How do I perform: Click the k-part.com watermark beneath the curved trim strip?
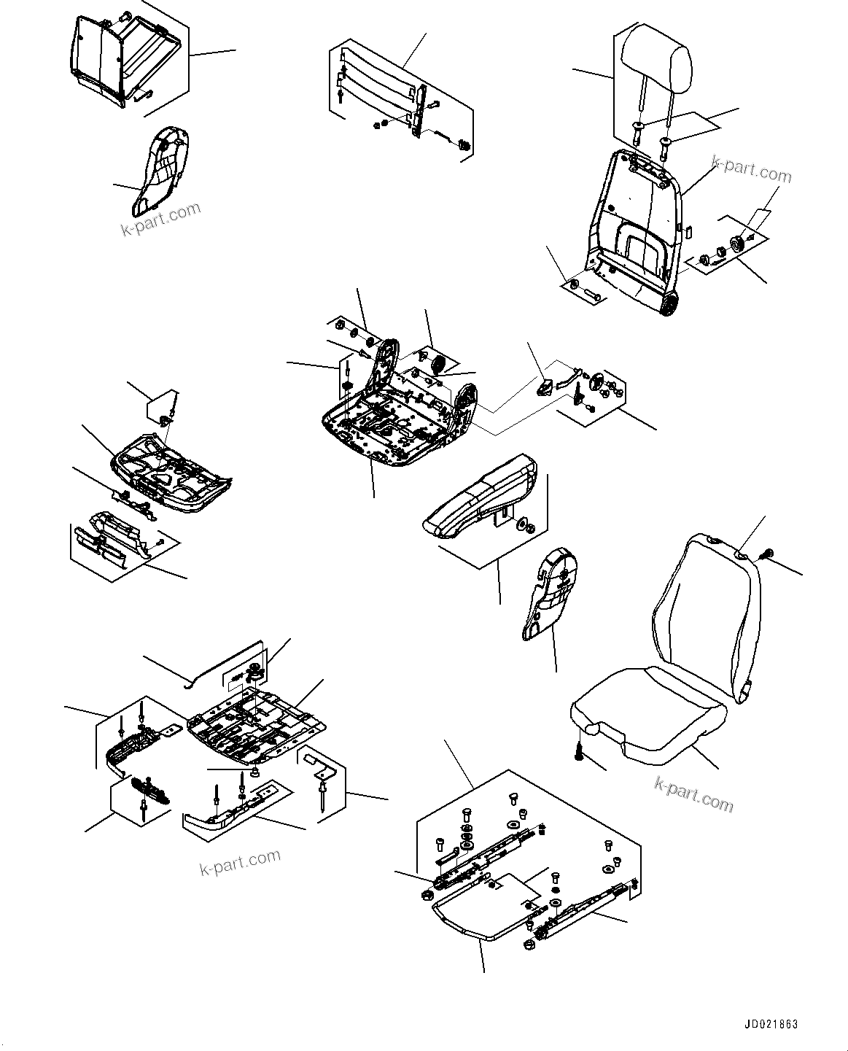click(x=239, y=862)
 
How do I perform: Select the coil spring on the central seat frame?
click(x=440, y=363)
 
